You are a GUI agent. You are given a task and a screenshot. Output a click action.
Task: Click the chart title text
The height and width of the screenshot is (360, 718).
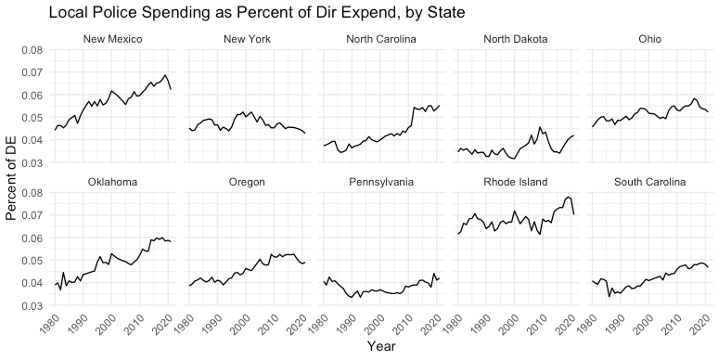tap(257, 12)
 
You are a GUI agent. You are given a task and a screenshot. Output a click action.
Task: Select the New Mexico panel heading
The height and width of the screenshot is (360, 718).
tap(112, 39)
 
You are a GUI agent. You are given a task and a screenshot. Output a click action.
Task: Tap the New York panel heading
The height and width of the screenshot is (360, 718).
tap(247, 39)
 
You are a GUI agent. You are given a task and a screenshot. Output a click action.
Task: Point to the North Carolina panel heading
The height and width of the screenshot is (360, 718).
tap(381, 39)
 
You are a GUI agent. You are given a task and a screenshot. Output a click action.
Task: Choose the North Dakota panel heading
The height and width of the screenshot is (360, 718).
tap(516, 39)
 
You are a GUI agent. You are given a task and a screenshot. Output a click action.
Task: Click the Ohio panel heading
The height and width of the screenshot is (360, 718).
tap(649, 39)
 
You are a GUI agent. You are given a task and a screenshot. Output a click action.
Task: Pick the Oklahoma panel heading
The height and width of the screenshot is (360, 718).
tap(112, 182)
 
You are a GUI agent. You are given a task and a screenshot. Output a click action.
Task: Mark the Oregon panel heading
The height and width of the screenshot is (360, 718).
tap(247, 182)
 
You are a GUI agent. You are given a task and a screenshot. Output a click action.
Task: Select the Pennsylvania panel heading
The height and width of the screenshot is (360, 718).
tap(381, 182)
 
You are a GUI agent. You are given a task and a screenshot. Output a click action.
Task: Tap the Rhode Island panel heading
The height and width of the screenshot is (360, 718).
tap(516, 182)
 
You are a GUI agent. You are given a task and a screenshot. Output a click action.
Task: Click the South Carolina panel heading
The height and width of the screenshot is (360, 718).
tap(649, 182)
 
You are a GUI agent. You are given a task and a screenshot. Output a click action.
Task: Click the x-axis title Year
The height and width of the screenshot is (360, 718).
tap(381, 347)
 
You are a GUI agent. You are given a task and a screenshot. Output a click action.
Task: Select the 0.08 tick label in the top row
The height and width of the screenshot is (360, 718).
tap(32, 50)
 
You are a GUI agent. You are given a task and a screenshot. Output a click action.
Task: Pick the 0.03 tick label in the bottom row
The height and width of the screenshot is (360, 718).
tap(32, 305)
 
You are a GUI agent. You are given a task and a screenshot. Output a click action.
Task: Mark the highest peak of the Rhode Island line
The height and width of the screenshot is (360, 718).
tap(569, 197)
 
